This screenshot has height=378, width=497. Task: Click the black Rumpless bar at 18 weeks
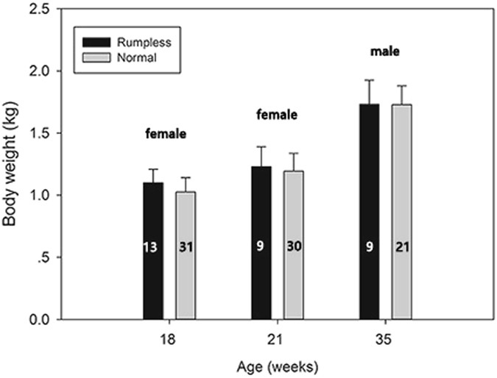pyautogui.click(x=152, y=279)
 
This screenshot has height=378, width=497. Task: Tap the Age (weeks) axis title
pyautogui.click(x=278, y=365)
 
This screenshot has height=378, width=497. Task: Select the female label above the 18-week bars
pyautogui.click(x=165, y=135)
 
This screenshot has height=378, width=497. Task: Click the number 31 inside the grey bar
pyautogui.click(x=186, y=249)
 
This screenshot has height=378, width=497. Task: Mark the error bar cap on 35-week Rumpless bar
pyautogui.click(x=370, y=80)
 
